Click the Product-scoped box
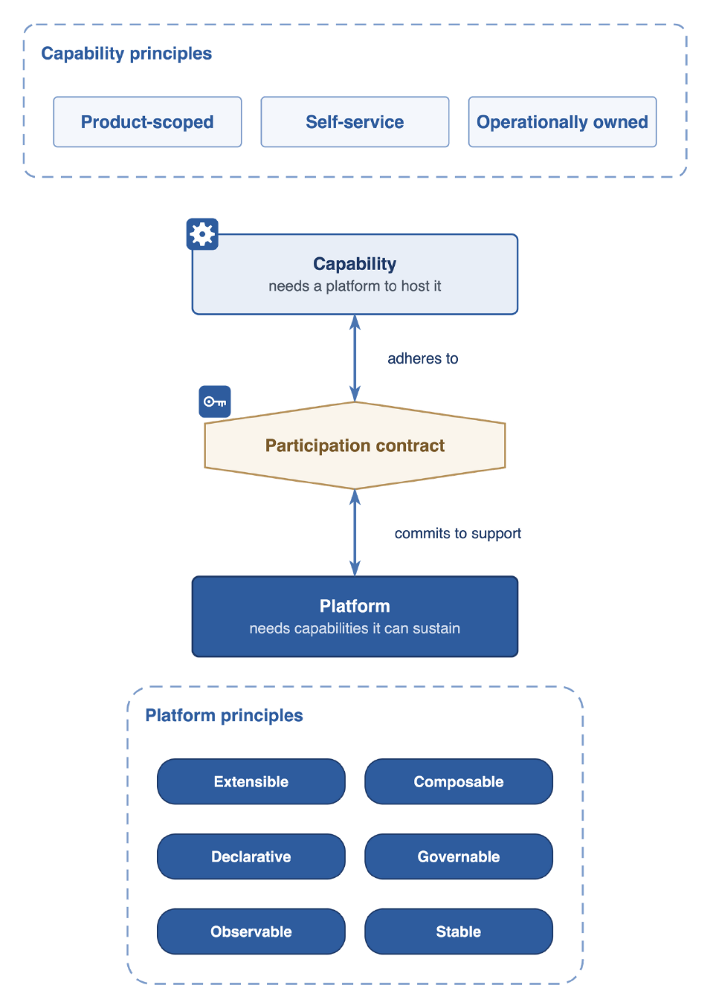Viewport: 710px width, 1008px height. [147, 121]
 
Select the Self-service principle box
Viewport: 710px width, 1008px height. [355, 121]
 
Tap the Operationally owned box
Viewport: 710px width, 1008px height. [562, 121]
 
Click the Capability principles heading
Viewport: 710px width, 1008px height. [126, 54]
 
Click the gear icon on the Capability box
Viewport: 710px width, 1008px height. [202, 234]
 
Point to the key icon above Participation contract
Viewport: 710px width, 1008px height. [215, 401]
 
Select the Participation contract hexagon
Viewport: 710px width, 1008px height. [355, 445]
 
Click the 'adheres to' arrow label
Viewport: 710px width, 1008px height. [422, 358]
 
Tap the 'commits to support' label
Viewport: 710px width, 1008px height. [457, 533]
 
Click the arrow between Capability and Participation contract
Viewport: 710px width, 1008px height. [355, 358]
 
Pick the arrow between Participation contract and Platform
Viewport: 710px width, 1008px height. [355, 533]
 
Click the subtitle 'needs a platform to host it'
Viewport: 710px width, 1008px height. [355, 286]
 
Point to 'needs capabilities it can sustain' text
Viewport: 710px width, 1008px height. [355, 628]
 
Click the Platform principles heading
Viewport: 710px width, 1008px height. [224, 716]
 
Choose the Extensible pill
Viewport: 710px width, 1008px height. [251, 782]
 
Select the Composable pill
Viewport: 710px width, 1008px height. [459, 782]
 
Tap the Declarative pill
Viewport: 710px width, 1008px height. [251, 856]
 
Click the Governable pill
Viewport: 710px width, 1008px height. [459, 856]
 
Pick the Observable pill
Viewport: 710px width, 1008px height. [251, 931]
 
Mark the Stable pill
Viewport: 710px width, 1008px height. [459, 931]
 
